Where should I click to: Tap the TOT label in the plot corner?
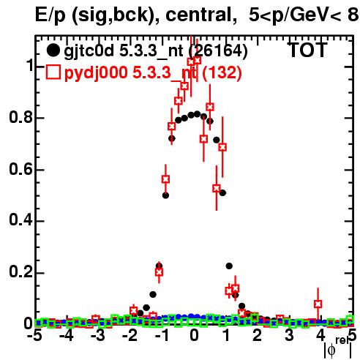tap(307, 50)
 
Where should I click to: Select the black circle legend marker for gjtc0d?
tap(53, 50)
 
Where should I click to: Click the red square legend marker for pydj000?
tap(53, 72)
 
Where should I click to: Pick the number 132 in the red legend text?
tap(222, 72)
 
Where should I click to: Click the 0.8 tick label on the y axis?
tap(20, 117)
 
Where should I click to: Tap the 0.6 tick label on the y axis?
tap(20, 169)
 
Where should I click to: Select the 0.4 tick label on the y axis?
tap(20, 220)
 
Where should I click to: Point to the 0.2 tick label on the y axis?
tap(20, 272)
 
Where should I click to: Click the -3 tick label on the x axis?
tap(98, 336)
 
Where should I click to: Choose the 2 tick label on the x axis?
tap(258, 336)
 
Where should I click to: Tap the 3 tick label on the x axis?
tap(289, 336)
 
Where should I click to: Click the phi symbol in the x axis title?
tap(331, 350)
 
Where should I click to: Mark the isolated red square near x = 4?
tap(318, 304)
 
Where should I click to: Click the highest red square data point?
tap(197, 60)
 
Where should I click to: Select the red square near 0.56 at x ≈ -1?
tap(165, 179)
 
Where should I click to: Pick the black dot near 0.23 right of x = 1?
tap(229, 266)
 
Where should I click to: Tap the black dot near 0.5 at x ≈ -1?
tap(165, 195)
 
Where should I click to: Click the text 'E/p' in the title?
tap(50, 15)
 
